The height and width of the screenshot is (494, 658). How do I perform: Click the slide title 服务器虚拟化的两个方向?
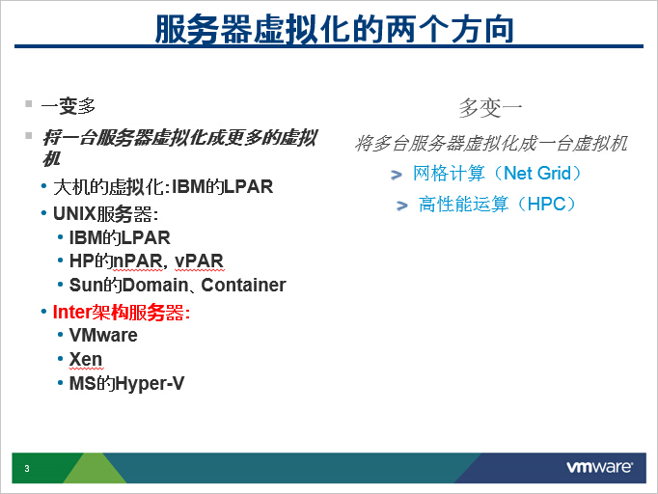(335, 29)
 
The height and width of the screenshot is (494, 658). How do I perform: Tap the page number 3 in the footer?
(27, 468)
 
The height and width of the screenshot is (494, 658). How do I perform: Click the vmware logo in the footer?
(600, 467)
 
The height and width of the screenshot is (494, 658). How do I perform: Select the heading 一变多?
(69, 106)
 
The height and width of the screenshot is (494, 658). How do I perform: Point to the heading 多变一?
(490, 108)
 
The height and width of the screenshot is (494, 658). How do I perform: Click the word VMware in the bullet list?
(103, 335)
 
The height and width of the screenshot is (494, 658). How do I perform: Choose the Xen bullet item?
(86, 359)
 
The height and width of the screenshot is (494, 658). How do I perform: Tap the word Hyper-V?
(150, 384)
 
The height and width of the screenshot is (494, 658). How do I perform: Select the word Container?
(243, 285)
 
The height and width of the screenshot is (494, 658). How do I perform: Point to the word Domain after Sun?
(155, 285)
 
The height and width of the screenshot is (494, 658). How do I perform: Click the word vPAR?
(199, 261)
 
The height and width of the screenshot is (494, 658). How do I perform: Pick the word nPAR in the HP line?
(137, 261)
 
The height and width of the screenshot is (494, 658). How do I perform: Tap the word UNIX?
(74, 213)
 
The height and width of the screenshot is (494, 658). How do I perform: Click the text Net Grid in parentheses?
(537, 173)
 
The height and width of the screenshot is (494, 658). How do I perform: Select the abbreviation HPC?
(546, 204)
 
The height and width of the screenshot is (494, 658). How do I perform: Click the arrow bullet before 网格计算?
(397, 175)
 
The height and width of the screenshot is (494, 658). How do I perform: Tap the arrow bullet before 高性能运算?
(402, 206)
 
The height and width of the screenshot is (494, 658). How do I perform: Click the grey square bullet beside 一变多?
(29, 103)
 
